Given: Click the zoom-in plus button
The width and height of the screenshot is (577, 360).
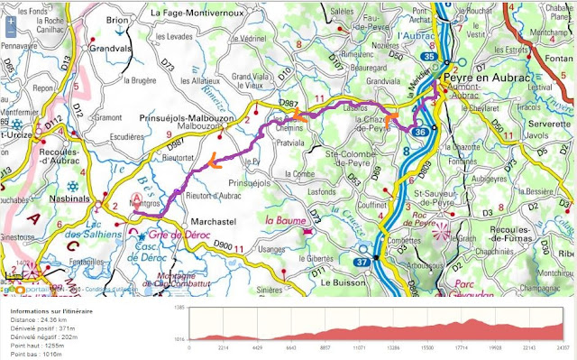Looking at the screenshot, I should (x=10, y=8).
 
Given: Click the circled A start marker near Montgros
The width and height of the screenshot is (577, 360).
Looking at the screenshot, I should (x=137, y=198).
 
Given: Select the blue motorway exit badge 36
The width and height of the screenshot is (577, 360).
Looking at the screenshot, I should (x=420, y=132).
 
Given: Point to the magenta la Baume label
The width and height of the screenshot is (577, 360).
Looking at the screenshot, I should (x=282, y=217).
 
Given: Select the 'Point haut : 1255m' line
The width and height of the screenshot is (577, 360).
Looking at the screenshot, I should (x=38, y=344).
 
